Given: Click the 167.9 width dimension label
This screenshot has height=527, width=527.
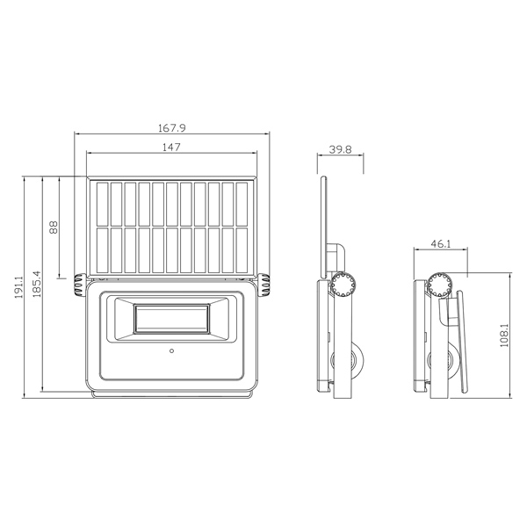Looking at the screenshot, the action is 172,128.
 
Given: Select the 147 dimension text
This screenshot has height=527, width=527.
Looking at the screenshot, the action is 171,148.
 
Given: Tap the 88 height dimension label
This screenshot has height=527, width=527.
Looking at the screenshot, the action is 54,227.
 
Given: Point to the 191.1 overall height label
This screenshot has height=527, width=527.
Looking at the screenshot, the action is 18,287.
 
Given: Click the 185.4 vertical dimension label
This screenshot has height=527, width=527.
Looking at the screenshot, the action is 37,284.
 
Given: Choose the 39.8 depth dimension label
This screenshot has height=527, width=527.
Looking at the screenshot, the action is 340,149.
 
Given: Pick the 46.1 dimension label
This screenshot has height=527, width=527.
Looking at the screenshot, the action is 441,243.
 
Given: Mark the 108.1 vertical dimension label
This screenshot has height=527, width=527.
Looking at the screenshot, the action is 504,336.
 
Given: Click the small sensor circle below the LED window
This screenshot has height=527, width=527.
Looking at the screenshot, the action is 172,350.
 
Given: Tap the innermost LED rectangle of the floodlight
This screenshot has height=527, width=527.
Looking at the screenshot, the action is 171,319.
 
